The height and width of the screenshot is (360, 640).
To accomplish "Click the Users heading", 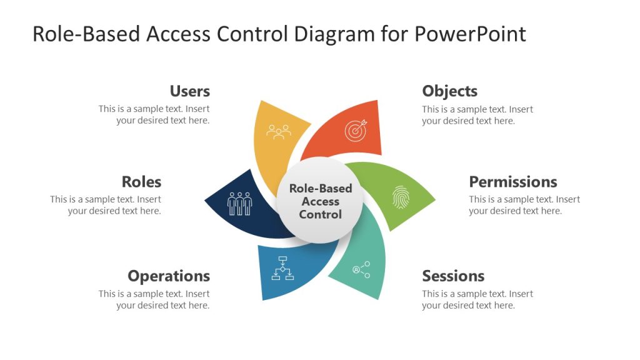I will pyautogui.click(x=189, y=91).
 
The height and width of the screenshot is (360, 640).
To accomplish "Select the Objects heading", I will pyautogui.click(x=449, y=91).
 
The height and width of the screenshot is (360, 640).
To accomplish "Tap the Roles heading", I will pyautogui.click(x=141, y=182).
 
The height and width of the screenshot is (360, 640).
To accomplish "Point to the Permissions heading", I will pyautogui.click(x=512, y=182).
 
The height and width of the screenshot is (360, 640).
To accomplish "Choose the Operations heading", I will pyautogui.click(x=169, y=276).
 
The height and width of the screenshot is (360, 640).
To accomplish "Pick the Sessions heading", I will pyautogui.click(x=453, y=276).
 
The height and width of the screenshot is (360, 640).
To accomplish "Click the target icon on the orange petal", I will pyautogui.click(x=355, y=131).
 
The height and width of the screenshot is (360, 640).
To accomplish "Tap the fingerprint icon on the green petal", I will pyautogui.click(x=400, y=197).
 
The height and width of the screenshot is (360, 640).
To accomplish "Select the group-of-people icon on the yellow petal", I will pyautogui.click(x=279, y=131).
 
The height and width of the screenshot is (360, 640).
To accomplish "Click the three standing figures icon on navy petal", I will pyautogui.click(x=240, y=203).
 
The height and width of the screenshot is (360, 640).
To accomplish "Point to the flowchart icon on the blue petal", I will pyautogui.click(x=282, y=267).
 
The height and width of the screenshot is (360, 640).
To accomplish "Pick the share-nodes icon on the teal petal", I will pyautogui.click(x=361, y=269).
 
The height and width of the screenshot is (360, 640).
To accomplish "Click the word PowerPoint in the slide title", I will pyautogui.click(x=470, y=34).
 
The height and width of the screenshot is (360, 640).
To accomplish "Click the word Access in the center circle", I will pyautogui.click(x=321, y=201).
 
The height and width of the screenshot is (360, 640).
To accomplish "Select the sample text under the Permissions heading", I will pyautogui.click(x=524, y=205).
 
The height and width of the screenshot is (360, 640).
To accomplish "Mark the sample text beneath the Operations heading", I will pyautogui.click(x=154, y=299).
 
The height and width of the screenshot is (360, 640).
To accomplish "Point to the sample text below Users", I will pyautogui.click(x=154, y=114).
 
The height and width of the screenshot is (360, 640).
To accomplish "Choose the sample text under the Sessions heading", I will pyautogui.click(x=477, y=299).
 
